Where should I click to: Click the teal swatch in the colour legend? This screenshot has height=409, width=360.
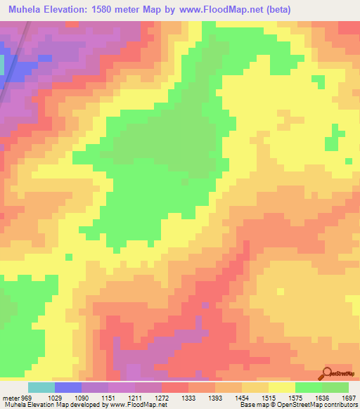(41, 387)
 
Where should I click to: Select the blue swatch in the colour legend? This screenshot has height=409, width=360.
(67, 387)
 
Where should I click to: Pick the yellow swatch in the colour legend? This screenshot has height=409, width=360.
(282, 387)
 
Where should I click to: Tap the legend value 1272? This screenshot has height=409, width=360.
(161, 398)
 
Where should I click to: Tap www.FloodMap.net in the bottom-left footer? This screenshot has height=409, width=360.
(134, 405)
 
